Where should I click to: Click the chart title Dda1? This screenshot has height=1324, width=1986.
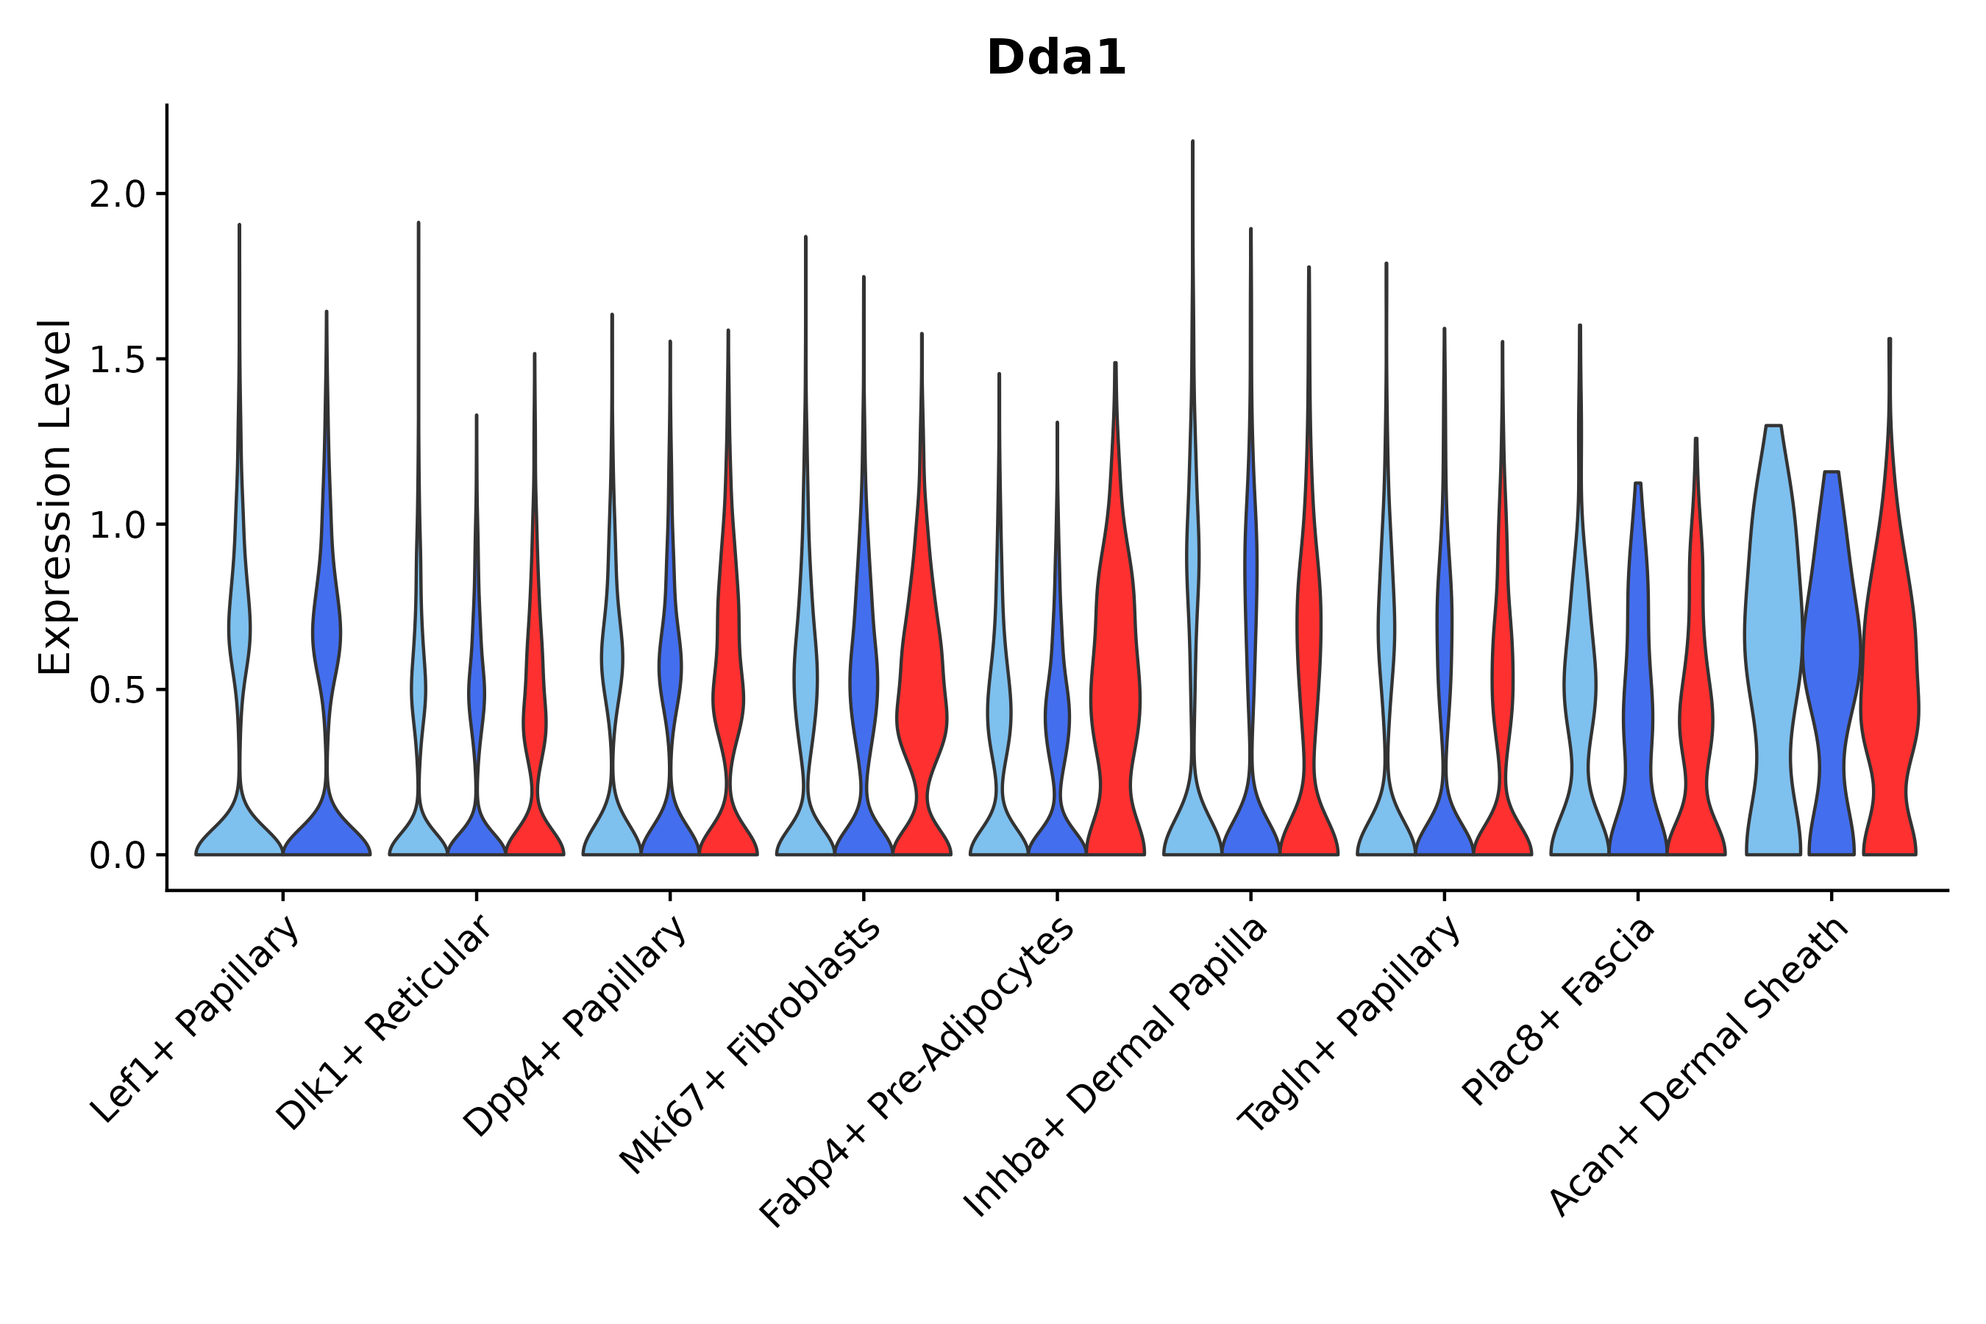1056,59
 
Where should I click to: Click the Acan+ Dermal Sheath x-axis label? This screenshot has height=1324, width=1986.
1699,1067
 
